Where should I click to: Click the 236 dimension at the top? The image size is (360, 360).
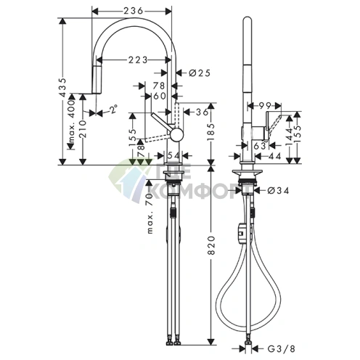[133, 10]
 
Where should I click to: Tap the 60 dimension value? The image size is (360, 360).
[158, 96]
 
